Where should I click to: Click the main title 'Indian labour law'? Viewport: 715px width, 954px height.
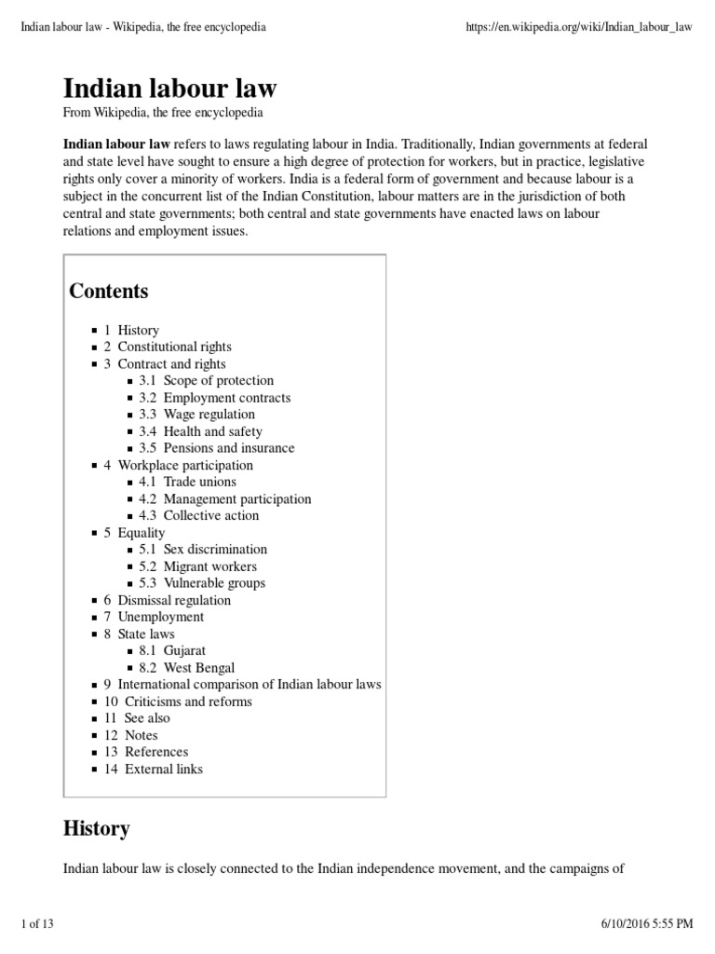169,89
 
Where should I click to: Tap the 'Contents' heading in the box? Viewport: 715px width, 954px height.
109,291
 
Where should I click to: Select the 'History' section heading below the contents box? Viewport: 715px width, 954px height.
96,828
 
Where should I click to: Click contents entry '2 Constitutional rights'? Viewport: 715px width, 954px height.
168,347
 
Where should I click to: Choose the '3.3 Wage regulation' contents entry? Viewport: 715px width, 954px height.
196,414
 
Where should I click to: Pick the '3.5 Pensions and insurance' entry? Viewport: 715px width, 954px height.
216,447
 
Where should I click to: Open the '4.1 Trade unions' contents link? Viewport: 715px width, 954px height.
187,482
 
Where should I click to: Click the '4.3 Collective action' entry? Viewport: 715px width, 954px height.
199,515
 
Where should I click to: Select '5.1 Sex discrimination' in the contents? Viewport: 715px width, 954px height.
203,549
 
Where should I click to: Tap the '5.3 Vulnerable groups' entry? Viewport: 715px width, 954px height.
202,582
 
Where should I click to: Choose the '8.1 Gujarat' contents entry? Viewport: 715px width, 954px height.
172,650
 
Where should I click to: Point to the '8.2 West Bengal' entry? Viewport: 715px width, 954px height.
186,667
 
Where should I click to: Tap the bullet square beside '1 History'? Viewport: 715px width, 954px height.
94,331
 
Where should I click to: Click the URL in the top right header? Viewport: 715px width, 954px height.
577,27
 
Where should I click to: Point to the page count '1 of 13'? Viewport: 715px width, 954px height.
37,923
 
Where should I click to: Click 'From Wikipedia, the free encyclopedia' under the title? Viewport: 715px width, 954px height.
163,113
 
